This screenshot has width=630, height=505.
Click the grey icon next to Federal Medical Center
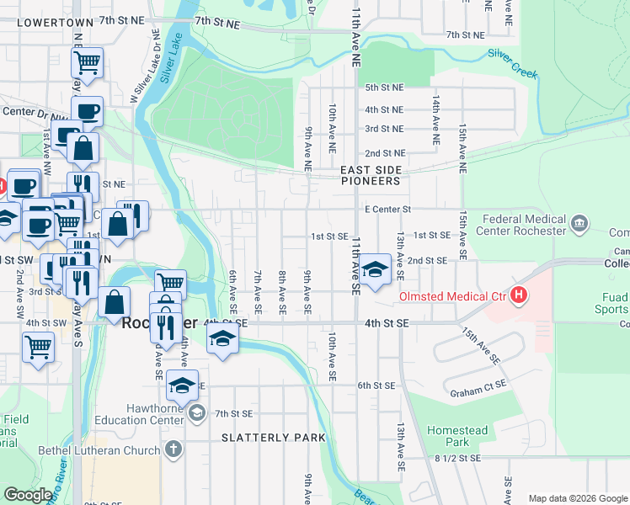click(579, 224)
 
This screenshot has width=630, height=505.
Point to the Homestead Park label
click(457, 436)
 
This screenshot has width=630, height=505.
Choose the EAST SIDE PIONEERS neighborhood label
click(370, 175)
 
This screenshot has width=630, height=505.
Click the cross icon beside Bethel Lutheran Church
click(174, 449)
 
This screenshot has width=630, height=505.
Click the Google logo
click(28, 495)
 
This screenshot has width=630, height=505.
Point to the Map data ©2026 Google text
click(577, 498)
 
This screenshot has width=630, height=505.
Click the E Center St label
click(387, 209)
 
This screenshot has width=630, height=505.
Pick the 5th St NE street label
click(384, 87)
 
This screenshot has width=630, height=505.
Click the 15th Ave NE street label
click(462, 146)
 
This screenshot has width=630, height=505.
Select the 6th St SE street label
click(376, 385)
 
